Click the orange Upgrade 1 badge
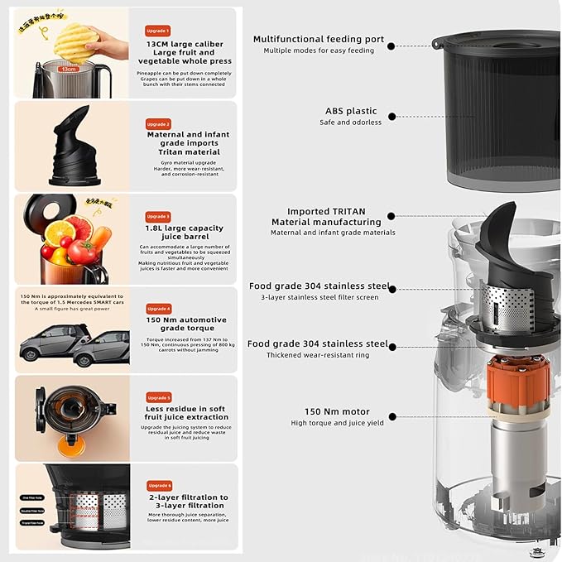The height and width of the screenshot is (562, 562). pyautogui.click(x=158, y=31)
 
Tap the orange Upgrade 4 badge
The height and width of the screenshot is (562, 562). pyautogui.click(x=158, y=308)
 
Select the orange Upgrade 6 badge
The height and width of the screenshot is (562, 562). pyautogui.click(x=158, y=485)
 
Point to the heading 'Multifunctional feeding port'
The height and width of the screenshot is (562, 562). pyautogui.click(x=319, y=39)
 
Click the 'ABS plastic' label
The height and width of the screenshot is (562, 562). pyautogui.click(x=350, y=111)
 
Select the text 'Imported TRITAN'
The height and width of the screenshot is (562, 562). pyautogui.click(x=326, y=212)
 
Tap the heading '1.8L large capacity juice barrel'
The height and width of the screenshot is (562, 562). pyautogui.click(x=183, y=233)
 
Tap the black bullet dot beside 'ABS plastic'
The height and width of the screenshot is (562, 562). pyautogui.click(x=391, y=117)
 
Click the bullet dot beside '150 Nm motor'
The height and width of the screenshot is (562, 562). pyautogui.click(x=391, y=417)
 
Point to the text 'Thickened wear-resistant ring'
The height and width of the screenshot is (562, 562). pyautogui.click(x=318, y=355)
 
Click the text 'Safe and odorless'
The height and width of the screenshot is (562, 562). pyautogui.click(x=350, y=122)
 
